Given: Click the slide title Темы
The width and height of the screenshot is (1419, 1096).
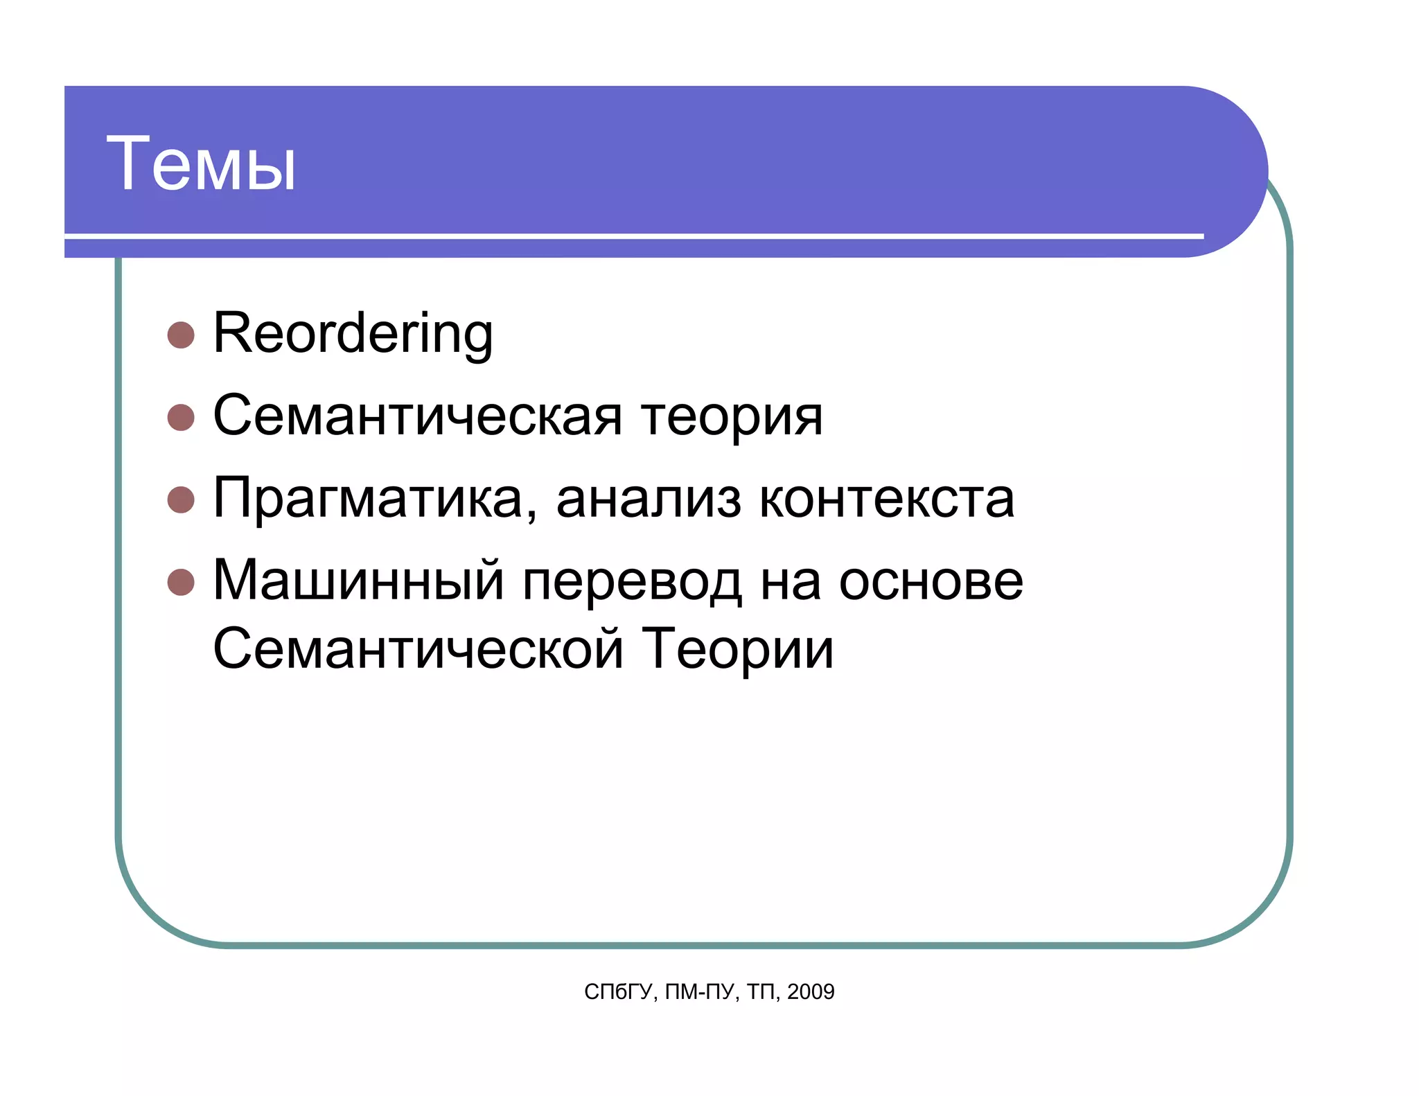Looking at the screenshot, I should click(201, 164).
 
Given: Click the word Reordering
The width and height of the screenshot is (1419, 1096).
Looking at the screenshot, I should click(353, 334).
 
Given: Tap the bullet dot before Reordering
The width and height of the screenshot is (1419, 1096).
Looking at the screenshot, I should click(181, 335).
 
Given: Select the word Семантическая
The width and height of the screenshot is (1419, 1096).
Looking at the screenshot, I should click(417, 416).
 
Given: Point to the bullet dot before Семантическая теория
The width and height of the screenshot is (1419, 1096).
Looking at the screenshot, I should click(181, 418).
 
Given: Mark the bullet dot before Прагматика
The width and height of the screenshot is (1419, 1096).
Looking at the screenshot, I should click(181, 500).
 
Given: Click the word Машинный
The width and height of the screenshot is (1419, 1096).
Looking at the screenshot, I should click(358, 581).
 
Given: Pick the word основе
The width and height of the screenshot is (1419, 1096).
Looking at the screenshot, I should click(931, 581).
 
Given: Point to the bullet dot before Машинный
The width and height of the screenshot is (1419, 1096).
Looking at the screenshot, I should click(181, 582).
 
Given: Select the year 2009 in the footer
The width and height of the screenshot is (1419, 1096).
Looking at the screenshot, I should click(811, 992).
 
